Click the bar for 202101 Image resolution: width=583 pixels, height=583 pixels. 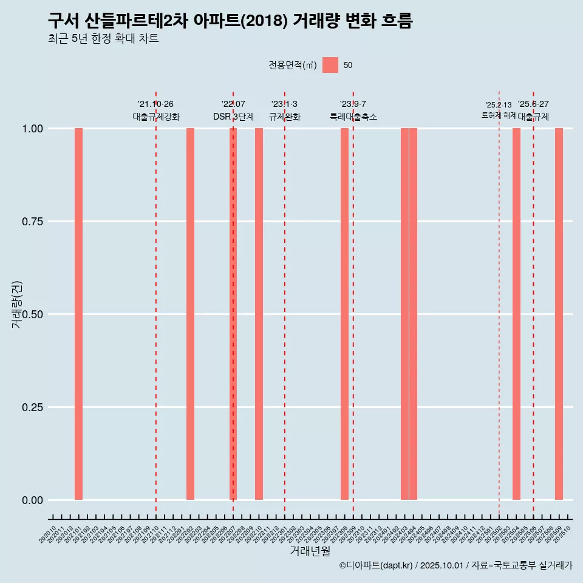[78, 314]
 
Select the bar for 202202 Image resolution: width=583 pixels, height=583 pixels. [190, 314]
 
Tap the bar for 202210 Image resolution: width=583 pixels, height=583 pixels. [259, 314]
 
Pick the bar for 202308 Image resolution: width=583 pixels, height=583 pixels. [344, 314]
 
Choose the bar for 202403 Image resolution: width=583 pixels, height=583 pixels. [404, 314]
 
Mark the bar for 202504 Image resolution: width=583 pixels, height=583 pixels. [516, 314]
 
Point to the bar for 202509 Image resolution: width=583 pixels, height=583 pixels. [559, 314]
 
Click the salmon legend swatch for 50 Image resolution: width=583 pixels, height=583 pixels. [330, 65]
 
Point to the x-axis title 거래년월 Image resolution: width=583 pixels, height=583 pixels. [310, 551]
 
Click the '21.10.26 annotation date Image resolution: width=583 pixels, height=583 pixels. [155, 104]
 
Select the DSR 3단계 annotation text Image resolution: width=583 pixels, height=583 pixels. [233, 117]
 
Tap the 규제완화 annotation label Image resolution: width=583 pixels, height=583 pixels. [285, 117]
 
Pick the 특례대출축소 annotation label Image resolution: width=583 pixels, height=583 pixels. [353, 117]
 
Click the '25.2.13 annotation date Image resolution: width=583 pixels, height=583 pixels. [499, 105]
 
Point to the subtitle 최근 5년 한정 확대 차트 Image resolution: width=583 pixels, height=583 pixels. [103, 39]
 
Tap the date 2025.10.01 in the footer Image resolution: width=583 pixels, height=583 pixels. [442, 566]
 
